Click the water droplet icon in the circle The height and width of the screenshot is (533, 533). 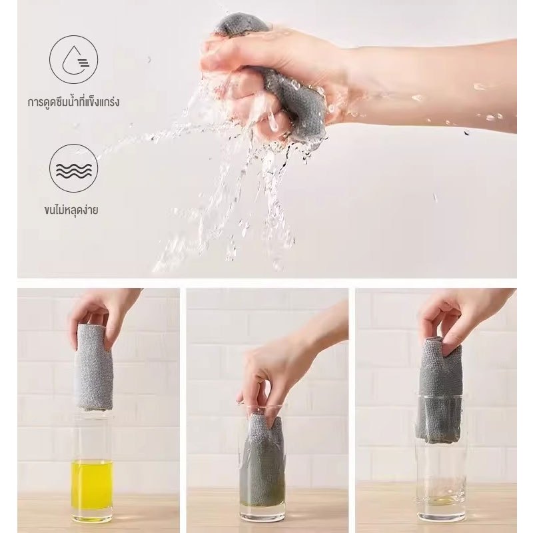coord(73,59)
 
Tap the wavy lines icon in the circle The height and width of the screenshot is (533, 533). coord(73,169)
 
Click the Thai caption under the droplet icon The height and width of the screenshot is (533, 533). coord(73,102)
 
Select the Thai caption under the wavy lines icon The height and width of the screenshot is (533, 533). coord(71,210)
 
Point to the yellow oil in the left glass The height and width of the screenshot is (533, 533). coord(92,485)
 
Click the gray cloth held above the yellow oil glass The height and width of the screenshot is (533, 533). coord(93,367)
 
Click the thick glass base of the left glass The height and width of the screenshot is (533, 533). coord(92,516)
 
